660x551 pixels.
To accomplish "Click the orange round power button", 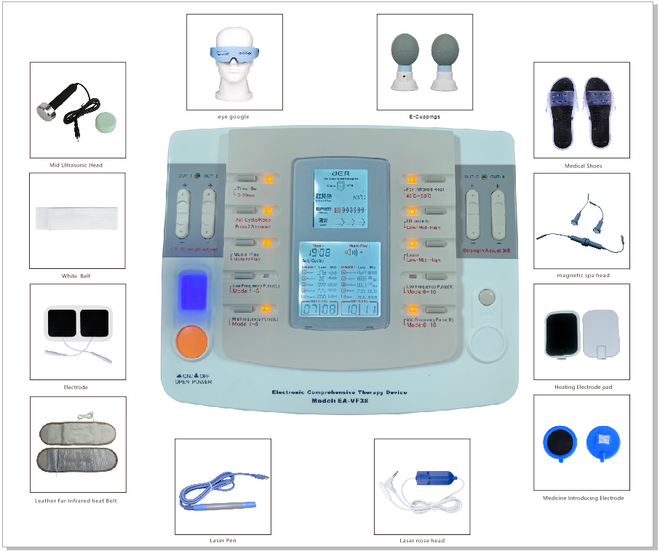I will pos(191,342).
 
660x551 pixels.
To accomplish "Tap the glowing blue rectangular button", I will pos(191,292).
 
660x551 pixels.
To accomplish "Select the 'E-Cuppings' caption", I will pos(424,116).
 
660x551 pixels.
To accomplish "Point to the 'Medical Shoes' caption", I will pos(583,166).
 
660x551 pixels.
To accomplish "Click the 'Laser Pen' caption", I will pos(223,541).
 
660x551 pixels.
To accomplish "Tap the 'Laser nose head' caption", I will pos(422,541).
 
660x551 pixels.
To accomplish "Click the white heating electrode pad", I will pos(601,332).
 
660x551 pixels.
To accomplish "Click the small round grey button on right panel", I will pos(485,297).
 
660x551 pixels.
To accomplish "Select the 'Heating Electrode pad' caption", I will pos(583,387).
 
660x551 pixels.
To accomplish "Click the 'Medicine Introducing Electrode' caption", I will pos(583,498).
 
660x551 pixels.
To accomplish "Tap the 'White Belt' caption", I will pos(76,276).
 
